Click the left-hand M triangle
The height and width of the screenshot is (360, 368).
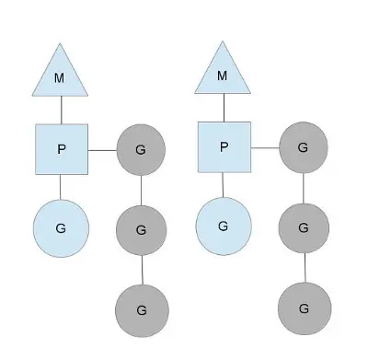tap(60, 76)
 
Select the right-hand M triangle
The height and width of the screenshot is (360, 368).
tap(223, 75)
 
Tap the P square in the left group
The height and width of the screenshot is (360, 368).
tap(62, 149)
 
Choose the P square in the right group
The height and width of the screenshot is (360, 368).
tap(224, 147)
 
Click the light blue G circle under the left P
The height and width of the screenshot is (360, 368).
tap(61, 228)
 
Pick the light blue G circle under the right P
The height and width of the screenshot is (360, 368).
tap(224, 226)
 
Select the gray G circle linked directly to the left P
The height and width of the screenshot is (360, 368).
tap(141, 150)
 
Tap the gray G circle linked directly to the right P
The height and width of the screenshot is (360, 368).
tap(304, 147)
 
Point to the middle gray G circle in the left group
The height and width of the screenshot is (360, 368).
tap(141, 230)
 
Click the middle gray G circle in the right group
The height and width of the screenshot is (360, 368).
tap(304, 228)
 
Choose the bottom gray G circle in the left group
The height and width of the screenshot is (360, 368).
tap(142, 310)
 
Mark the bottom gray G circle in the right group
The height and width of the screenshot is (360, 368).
tap(305, 308)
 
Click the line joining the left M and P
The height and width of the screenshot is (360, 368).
tap(62, 110)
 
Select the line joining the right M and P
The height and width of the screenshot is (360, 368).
tap(224, 108)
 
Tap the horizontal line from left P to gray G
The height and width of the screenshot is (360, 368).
tap(102, 150)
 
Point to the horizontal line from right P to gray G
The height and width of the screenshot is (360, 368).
tap(265, 148)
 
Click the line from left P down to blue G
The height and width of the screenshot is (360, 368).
tap(60, 187)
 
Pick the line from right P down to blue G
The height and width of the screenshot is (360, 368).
tap(223, 185)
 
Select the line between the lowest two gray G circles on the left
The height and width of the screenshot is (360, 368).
tap(142, 270)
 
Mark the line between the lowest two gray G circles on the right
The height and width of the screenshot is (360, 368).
tap(305, 268)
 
